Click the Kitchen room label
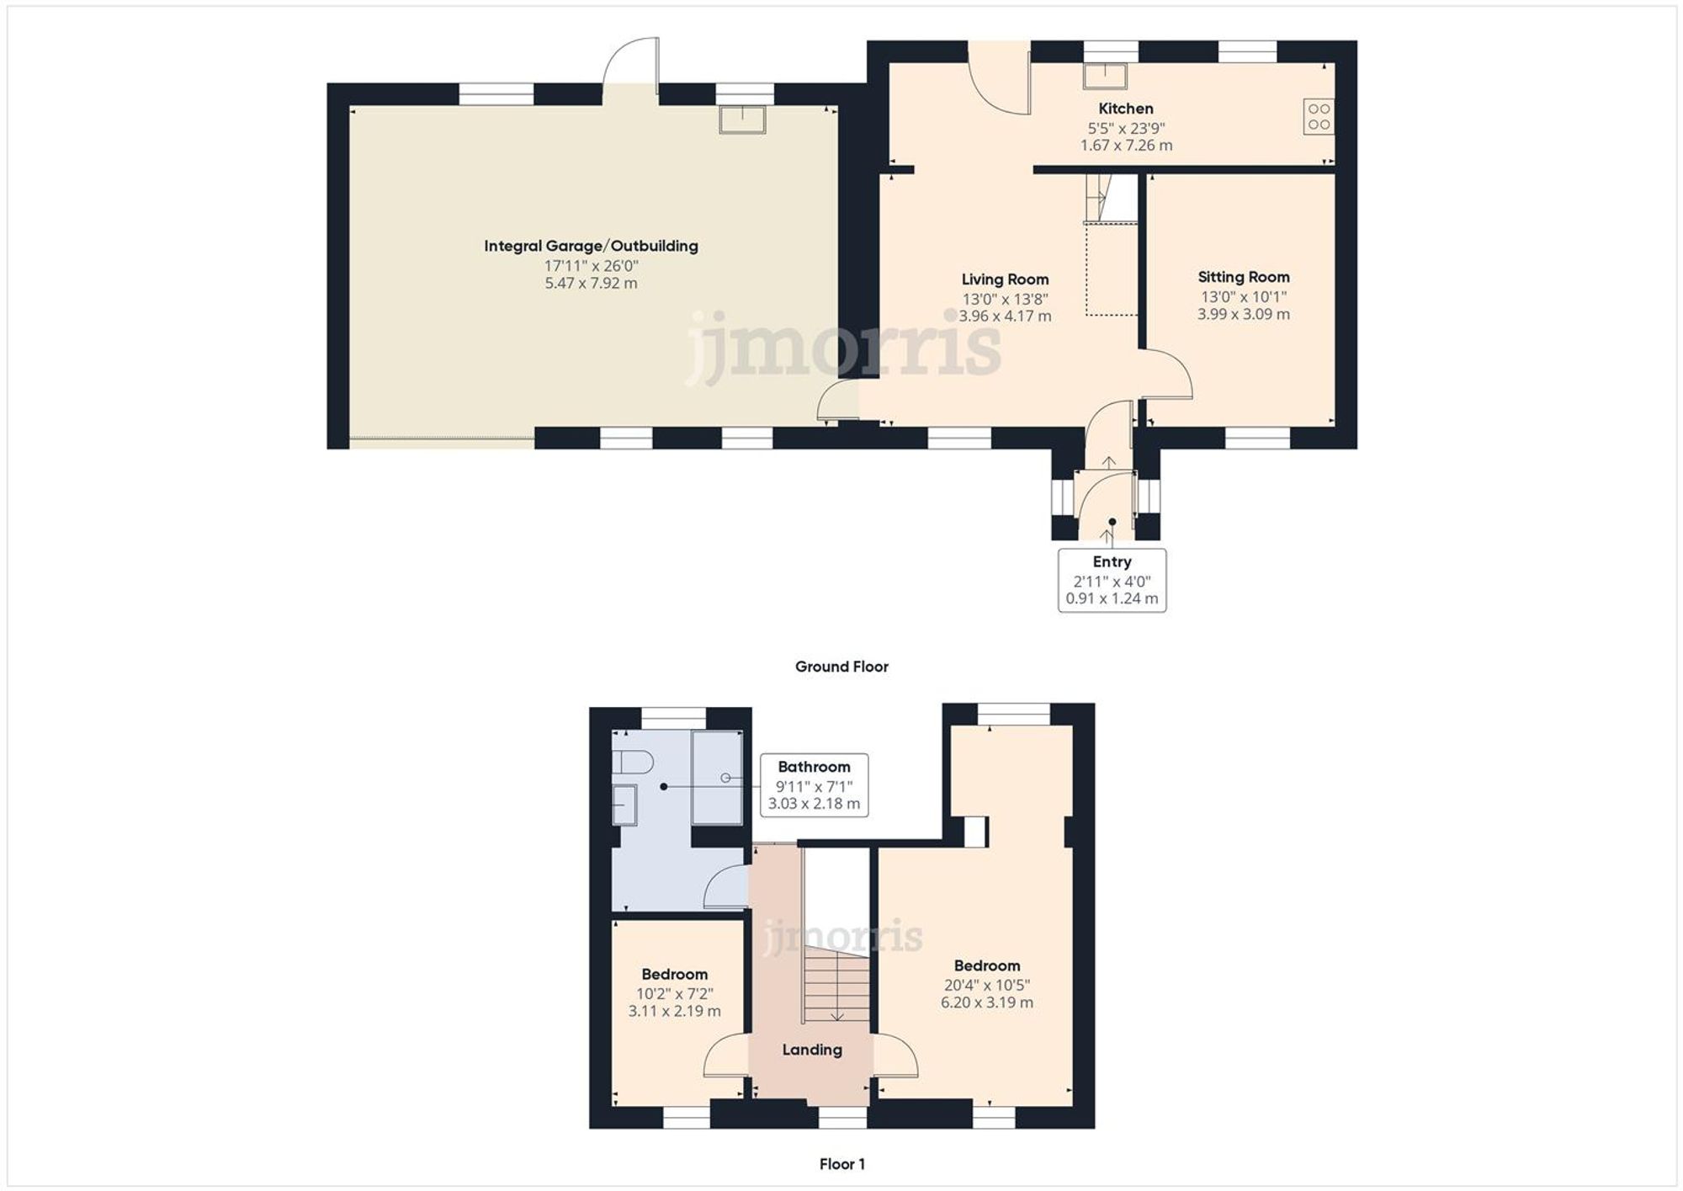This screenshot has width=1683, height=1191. [1125, 109]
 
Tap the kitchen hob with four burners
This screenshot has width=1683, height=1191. [1319, 116]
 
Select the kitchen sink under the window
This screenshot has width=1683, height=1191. [1104, 76]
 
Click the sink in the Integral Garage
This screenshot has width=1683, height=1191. [742, 120]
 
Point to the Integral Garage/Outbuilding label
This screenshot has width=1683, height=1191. [591, 246]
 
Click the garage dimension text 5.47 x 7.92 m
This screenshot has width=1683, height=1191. [591, 284]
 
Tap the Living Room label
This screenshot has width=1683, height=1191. [1005, 279]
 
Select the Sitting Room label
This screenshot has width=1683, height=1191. [1243, 277]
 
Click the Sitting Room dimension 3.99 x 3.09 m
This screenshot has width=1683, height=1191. [1243, 314]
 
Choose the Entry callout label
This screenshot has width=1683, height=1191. [1112, 562]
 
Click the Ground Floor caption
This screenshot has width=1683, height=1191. [841, 667]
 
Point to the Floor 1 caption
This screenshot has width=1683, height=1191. [841, 1164]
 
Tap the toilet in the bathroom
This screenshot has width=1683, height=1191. [633, 763]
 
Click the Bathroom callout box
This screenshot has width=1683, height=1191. [814, 784]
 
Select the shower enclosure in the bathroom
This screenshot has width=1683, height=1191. [717, 778]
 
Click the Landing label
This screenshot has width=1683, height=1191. [811, 1050]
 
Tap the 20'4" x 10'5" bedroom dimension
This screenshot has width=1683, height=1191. [986, 985]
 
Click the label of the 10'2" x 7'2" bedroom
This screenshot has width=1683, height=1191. [674, 975]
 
